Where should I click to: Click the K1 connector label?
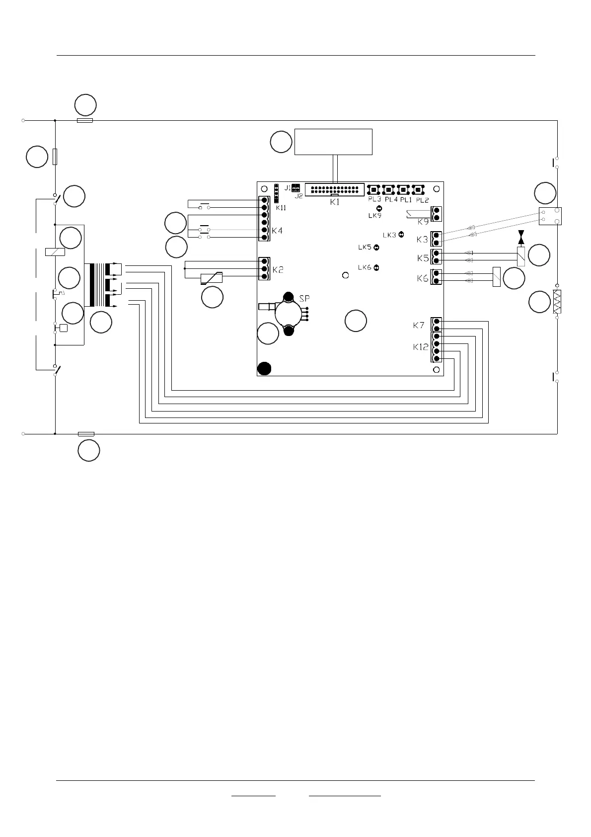click(335, 202)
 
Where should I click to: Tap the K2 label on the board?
click(278, 270)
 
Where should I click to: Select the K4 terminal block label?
click(277, 231)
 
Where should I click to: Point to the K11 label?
click(281, 208)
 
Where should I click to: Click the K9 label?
click(423, 221)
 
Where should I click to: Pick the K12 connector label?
click(421, 347)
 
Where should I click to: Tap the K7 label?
click(419, 326)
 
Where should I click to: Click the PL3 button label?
click(374, 199)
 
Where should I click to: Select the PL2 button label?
click(422, 200)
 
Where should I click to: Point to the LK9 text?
click(375, 216)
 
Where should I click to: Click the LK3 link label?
click(389, 235)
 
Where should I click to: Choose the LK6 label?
click(365, 268)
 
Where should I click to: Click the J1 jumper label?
click(288, 188)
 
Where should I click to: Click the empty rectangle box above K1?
click(333, 142)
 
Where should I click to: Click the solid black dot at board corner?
click(265, 368)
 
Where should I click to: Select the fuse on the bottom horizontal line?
click(86, 434)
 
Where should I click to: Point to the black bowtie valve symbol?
click(520, 237)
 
